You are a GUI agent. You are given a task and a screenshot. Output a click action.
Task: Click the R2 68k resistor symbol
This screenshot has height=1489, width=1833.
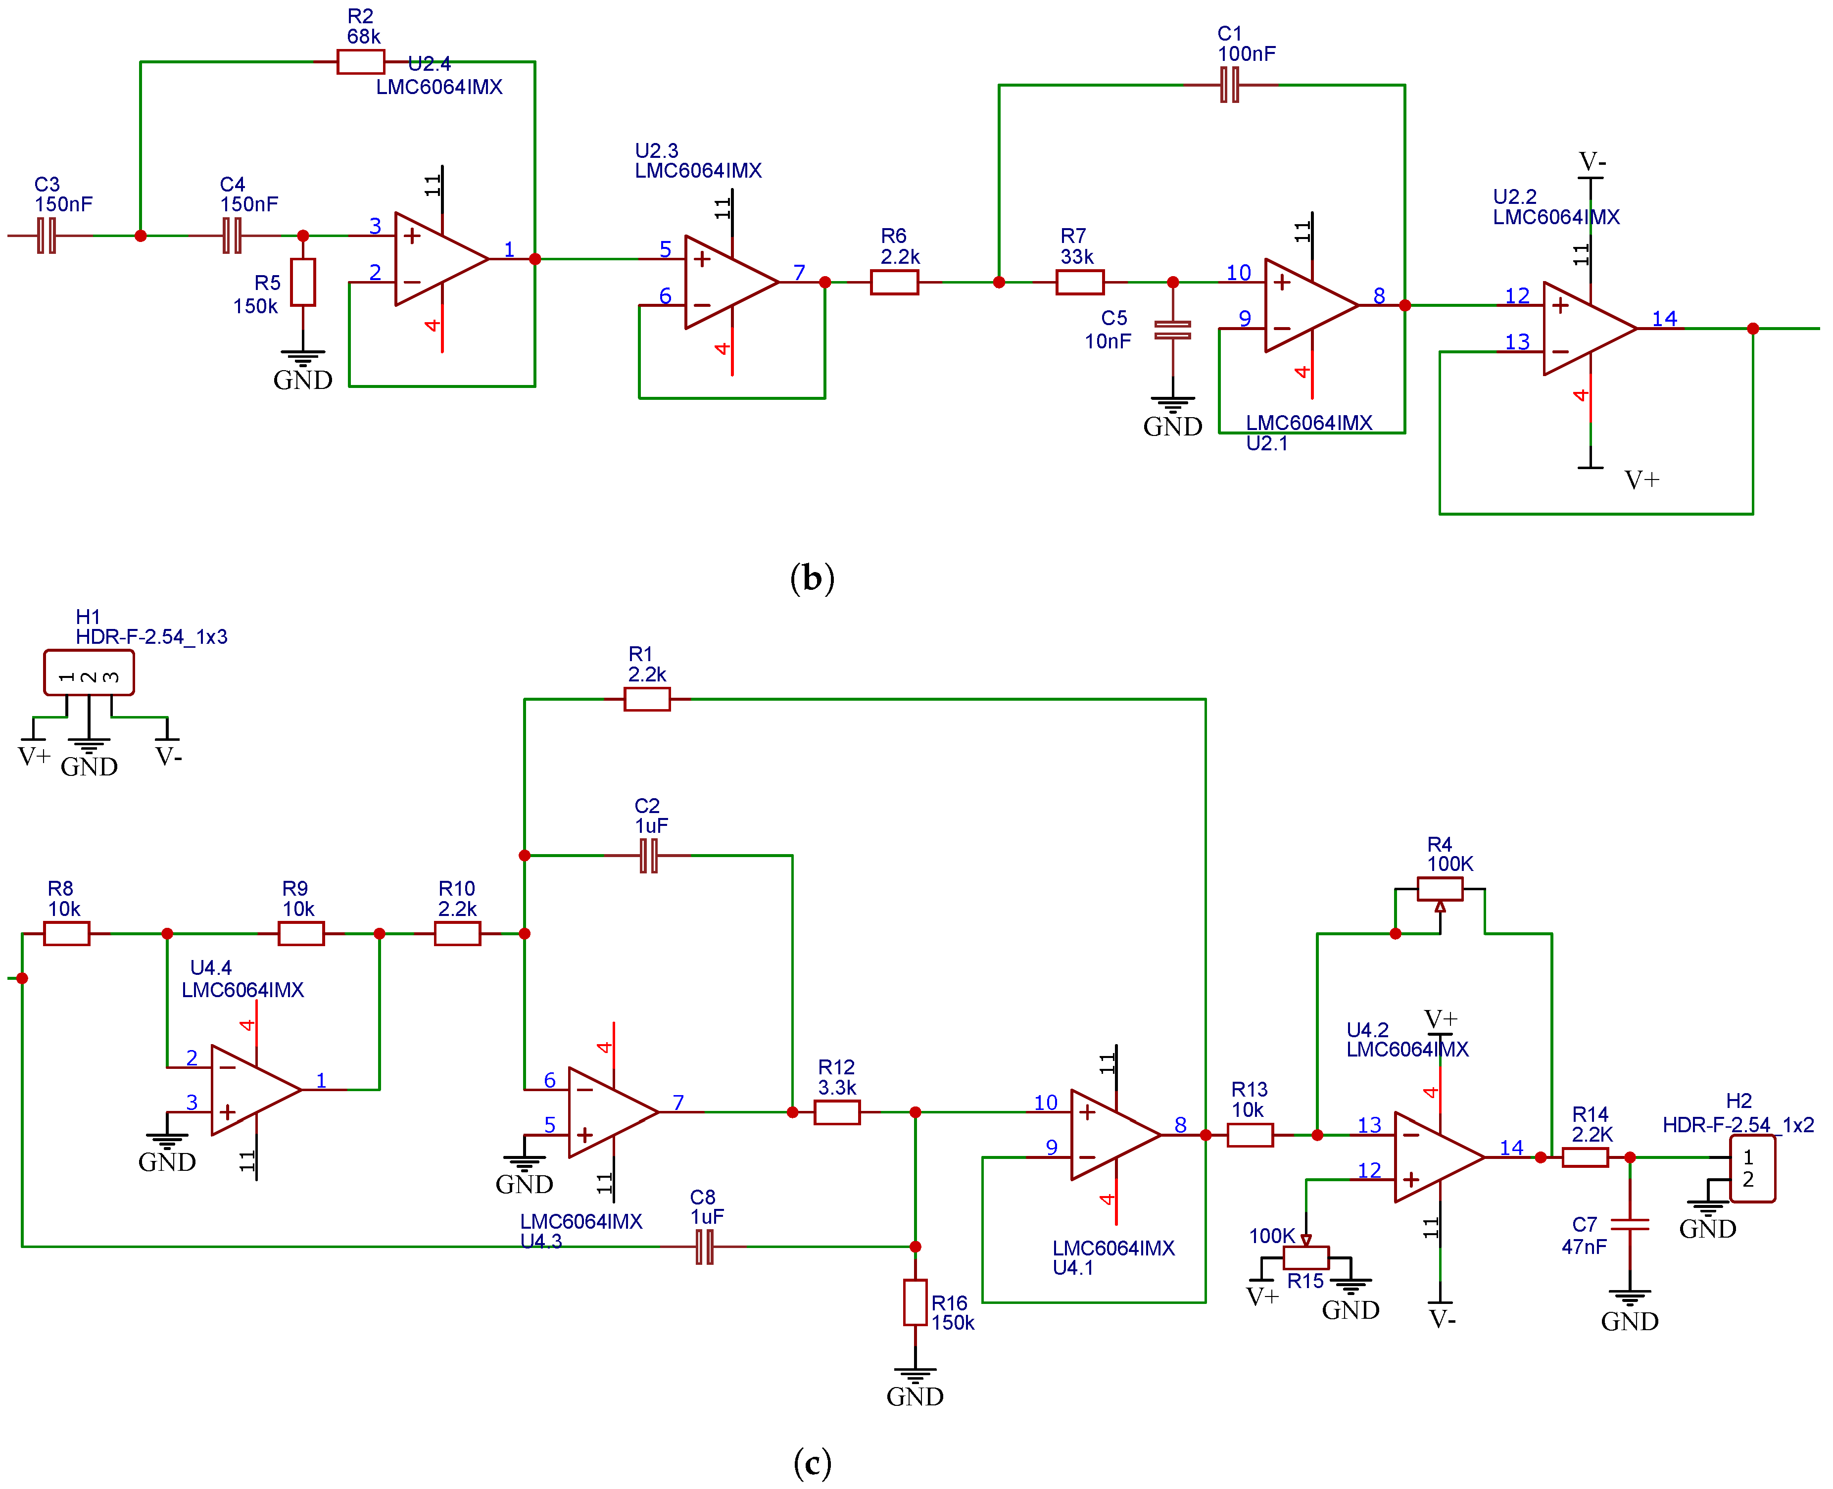click(360, 62)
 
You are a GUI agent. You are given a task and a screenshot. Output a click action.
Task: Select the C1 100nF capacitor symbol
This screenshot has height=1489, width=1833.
click(1229, 85)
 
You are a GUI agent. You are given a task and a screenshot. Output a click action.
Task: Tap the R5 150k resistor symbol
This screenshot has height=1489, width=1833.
click(303, 282)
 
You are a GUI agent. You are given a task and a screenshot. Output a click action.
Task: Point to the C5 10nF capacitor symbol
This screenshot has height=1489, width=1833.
click(1172, 330)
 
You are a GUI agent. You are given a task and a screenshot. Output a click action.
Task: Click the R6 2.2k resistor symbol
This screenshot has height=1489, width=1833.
click(895, 282)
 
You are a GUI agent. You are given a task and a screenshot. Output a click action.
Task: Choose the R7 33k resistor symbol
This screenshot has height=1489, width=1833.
click(1079, 282)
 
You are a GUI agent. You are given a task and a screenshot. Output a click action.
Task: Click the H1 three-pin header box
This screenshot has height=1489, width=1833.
click(89, 672)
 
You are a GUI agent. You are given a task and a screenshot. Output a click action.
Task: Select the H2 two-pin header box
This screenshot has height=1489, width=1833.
click(1752, 1169)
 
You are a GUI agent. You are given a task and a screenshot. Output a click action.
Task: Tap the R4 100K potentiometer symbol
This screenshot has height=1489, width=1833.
click(1439, 889)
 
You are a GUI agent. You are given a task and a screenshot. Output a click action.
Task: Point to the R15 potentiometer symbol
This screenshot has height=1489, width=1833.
click(1305, 1257)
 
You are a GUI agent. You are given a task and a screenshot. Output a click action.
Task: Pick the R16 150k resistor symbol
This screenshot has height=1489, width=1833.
click(915, 1302)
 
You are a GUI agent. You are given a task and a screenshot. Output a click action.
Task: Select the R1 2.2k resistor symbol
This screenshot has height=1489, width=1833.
click(647, 699)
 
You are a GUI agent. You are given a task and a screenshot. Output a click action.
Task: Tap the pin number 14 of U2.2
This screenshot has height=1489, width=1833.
click(1664, 318)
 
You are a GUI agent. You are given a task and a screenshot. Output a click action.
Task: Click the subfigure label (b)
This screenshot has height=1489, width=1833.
click(812, 578)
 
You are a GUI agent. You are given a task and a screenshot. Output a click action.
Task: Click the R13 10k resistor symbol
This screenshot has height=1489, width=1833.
click(1250, 1135)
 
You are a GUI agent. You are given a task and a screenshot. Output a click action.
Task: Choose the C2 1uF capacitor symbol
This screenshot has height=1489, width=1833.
click(648, 855)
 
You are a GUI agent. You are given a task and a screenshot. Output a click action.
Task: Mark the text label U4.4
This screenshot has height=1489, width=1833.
click(211, 967)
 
